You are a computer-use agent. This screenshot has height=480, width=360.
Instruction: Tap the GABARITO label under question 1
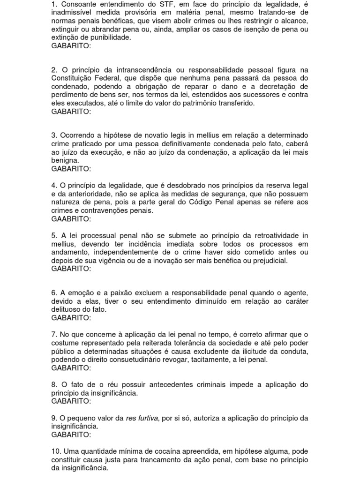(x=71, y=46)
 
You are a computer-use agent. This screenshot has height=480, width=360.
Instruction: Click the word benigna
(x=65, y=161)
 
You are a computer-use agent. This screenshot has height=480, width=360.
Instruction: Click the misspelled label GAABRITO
(x=71, y=219)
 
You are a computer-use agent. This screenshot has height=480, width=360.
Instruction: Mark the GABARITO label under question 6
(x=71, y=318)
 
